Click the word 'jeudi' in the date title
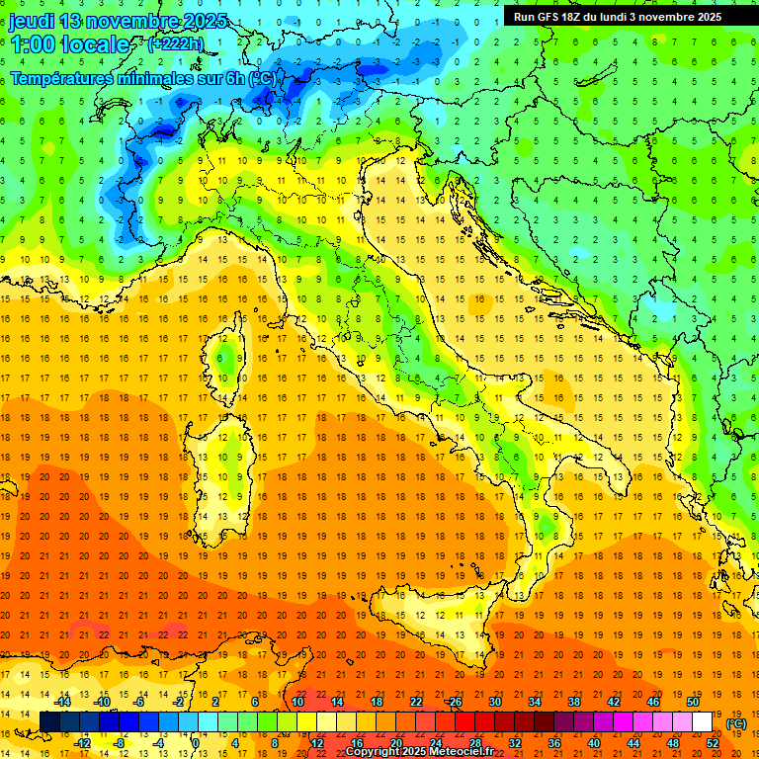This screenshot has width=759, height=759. (31, 21)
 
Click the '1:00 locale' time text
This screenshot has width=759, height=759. (69, 44)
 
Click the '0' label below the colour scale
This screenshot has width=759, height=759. (196, 742)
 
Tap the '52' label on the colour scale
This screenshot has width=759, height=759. (713, 742)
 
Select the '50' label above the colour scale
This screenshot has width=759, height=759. (692, 702)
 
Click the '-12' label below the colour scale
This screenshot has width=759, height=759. (83, 742)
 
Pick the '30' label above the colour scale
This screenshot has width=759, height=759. (494, 702)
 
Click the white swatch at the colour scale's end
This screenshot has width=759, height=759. (702, 721)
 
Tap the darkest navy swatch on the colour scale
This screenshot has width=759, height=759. (49, 721)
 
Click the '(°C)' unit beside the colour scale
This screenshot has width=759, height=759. (736, 723)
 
